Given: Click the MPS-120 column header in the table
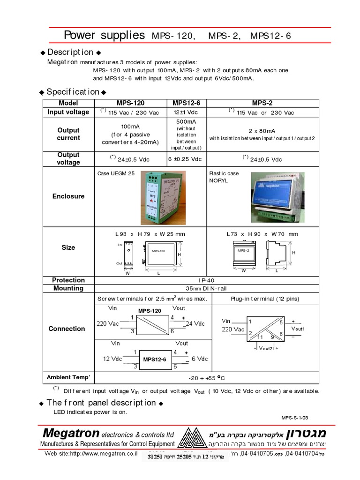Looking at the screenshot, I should point(130,103).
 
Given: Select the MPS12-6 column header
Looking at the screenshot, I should point(187,103).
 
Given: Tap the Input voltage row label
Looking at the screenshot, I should point(68,112).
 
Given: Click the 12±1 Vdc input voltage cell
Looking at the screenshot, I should point(187,112).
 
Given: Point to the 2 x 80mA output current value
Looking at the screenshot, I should point(262,131).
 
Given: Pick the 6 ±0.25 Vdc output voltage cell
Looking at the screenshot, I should point(187,159).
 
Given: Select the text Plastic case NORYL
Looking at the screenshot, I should point(224,177).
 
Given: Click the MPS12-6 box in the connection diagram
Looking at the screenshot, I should point(155,360).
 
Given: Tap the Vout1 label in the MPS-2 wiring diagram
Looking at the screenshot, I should point(298,329).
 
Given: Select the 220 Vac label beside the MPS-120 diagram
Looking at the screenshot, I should point(108,323).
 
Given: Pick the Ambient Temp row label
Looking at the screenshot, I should point(68,377).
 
